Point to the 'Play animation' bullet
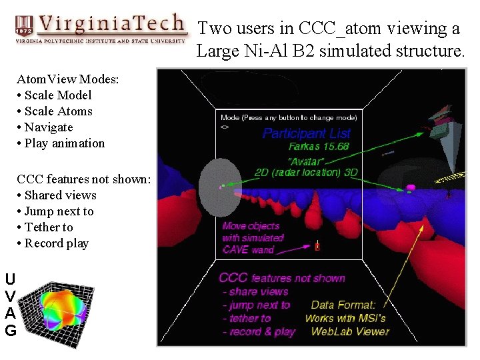coord(64,143)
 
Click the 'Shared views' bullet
coord(60,195)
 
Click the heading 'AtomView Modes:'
coord(68,79)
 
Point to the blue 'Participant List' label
coord(306,133)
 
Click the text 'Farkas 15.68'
coord(318,147)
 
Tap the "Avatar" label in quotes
coord(307,161)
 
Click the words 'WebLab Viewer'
coord(350,331)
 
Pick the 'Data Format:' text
coord(343,305)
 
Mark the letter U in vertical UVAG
coord(11,279)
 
